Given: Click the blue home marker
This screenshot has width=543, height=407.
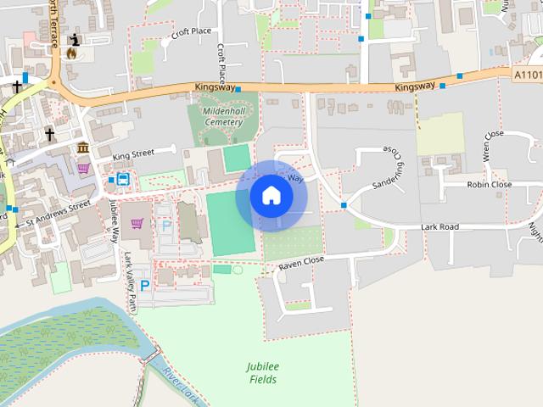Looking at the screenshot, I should coord(271,196).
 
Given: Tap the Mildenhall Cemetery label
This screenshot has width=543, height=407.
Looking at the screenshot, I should coord(223,116).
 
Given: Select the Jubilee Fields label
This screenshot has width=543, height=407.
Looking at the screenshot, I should coord(263,373).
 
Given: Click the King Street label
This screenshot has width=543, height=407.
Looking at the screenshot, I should coord(133,154).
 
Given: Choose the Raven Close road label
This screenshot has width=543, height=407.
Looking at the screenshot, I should coord(301,265).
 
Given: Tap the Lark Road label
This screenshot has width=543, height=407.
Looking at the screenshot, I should coord(439,227).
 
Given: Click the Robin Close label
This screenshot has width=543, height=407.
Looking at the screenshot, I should coord(490,184).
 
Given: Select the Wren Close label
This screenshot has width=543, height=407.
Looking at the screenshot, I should coord(492,145).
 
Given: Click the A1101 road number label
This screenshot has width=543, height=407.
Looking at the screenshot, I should coord(528,75).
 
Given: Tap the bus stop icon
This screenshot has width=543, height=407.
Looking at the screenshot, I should coord(122,180).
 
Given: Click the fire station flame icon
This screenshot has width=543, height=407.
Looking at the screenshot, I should coord(70,53).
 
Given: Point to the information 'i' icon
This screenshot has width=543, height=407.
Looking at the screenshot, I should coord(76,39).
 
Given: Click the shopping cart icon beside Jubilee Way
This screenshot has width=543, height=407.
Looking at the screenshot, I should coord(137,224).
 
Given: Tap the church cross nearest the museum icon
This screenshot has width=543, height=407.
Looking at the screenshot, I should coord(49,133).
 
